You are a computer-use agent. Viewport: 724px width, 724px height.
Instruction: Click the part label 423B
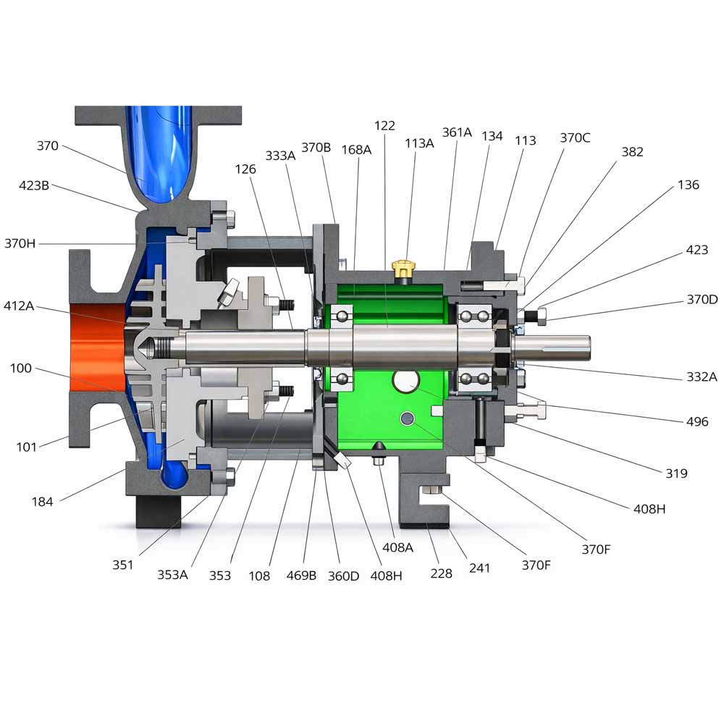(x=34, y=185)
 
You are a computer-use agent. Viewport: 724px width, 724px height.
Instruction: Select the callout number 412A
(x=19, y=306)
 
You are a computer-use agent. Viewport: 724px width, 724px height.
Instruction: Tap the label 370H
(x=20, y=243)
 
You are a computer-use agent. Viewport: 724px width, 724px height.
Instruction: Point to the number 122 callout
(x=384, y=125)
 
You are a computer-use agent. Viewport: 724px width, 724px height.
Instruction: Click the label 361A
(x=457, y=132)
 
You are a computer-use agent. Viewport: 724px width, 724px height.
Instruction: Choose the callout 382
(x=632, y=151)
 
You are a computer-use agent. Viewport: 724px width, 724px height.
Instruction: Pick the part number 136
(x=688, y=185)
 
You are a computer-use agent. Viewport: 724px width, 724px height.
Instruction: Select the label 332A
(x=702, y=376)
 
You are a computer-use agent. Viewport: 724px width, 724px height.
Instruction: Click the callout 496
(x=696, y=421)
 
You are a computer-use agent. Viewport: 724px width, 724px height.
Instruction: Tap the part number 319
(x=676, y=473)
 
